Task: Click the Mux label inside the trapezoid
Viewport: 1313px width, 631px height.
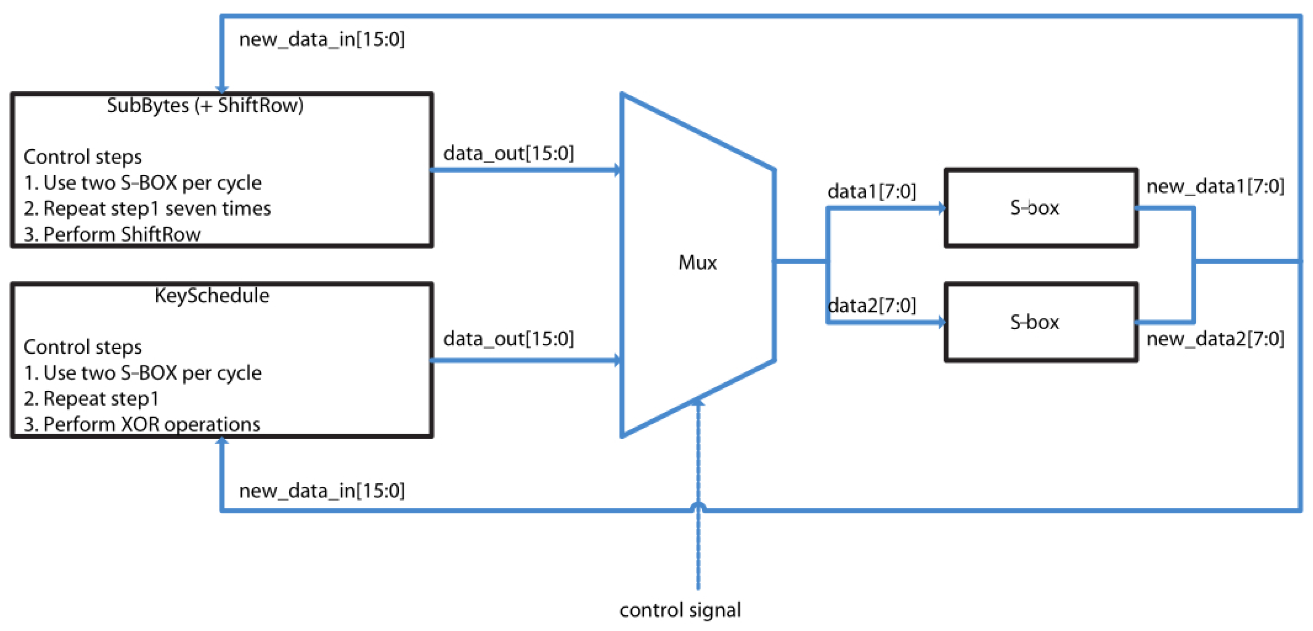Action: click(x=697, y=262)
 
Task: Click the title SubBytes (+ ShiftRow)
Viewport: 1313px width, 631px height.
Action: click(x=205, y=105)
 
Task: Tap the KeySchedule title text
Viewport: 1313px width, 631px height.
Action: click(x=212, y=296)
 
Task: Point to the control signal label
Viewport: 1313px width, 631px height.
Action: click(x=680, y=610)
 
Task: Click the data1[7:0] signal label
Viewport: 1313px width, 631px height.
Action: click(x=871, y=192)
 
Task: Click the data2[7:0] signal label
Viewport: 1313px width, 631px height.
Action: click(x=871, y=305)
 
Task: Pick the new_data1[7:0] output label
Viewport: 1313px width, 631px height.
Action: click(x=1215, y=187)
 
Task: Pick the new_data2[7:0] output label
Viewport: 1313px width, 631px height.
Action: click(x=1215, y=338)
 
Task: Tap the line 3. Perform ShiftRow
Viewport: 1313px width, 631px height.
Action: click(x=112, y=235)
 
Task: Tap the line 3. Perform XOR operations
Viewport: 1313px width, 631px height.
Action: click(x=142, y=424)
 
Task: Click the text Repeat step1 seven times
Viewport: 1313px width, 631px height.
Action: click(x=157, y=208)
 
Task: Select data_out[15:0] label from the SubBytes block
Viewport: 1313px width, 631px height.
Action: click(x=508, y=153)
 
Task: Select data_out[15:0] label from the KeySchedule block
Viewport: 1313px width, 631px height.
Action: click(x=508, y=338)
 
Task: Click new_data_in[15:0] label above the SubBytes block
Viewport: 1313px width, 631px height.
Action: click(x=322, y=39)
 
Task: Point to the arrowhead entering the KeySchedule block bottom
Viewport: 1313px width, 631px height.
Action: click(x=222, y=441)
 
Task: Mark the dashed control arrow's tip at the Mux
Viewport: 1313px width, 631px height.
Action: click(x=698, y=402)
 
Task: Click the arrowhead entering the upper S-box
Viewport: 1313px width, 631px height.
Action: click(x=942, y=208)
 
